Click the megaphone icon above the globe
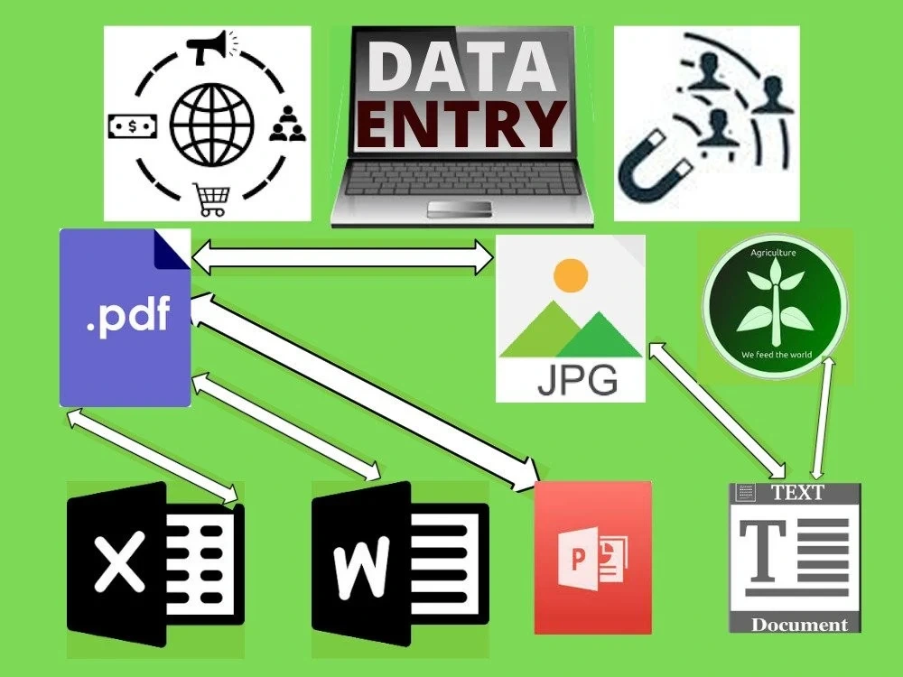(212, 46)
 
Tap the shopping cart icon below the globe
(211, 199)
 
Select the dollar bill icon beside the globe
(133, 126)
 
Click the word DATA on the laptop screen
(461, 65)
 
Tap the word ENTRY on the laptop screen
(461, 124)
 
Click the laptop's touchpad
(459, 209)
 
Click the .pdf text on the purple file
(129, 314)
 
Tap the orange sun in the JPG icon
(570, 275)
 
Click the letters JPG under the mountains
(577, 379)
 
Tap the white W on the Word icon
(362, 567)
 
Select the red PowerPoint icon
(592, 558)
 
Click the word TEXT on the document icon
(798, 493)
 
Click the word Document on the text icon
(799, 625)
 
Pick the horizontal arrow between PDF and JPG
(342, 257)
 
